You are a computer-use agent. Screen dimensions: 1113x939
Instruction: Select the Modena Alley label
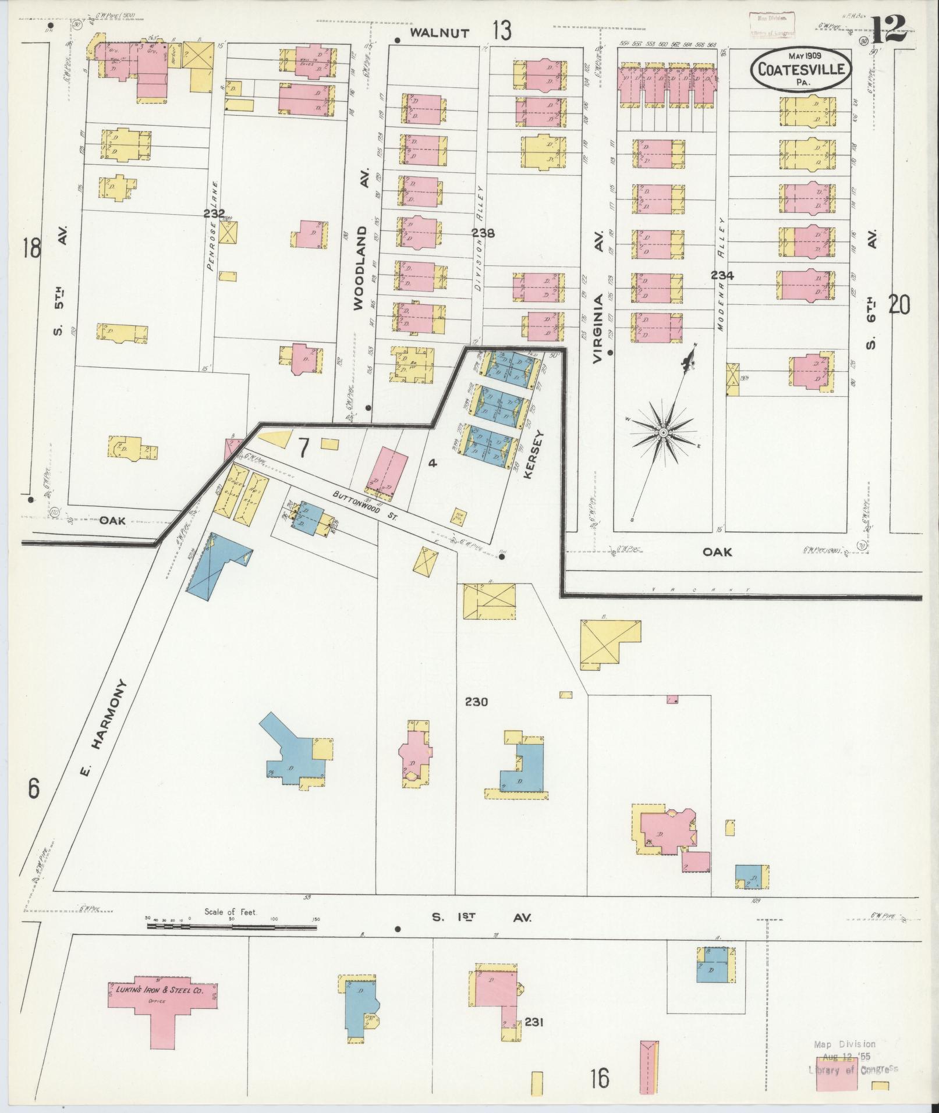click(721, 275)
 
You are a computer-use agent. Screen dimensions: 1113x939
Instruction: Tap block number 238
click(483, 233)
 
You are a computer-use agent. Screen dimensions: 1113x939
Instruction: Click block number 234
click(721, 276)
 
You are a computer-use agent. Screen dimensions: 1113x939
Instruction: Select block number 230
click(476, 702)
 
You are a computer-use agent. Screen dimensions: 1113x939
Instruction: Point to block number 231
click(533, 1022)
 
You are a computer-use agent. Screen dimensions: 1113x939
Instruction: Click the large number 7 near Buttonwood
click(303, 448)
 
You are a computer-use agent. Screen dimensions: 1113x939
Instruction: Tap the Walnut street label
click(440, 33)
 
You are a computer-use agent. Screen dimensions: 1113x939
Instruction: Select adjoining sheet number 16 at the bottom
click(599, 1078)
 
